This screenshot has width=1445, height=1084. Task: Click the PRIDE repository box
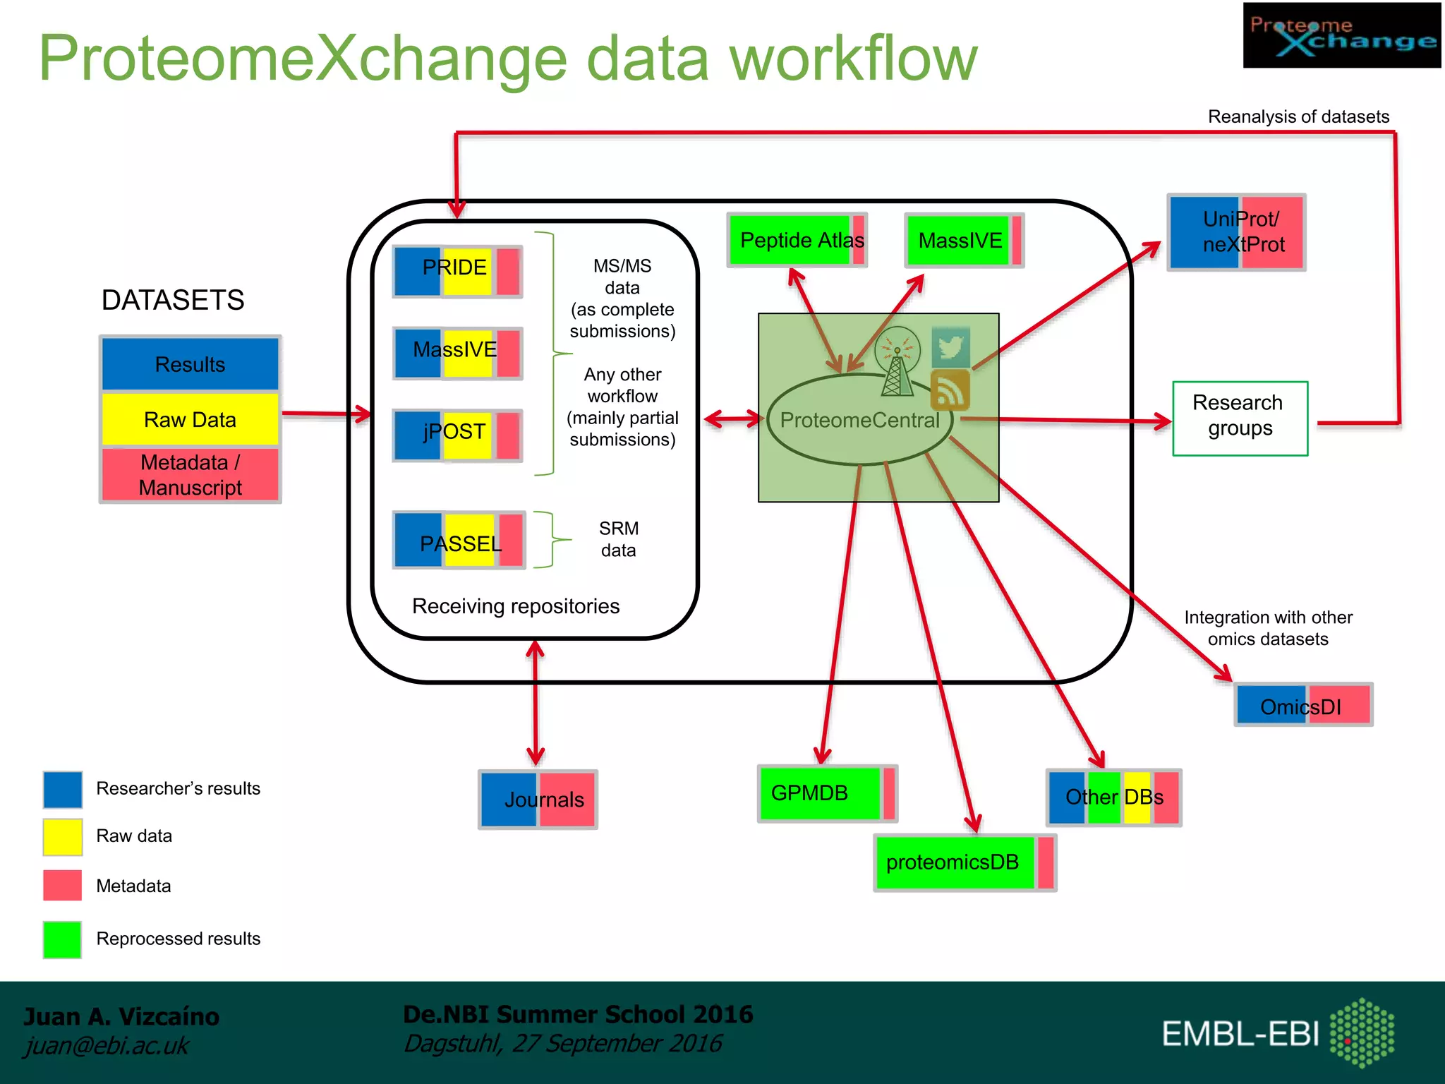457,271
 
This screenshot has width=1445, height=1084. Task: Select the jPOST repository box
457,435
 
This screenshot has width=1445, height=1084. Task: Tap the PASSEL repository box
459,540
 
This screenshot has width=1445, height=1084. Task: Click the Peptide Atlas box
797,240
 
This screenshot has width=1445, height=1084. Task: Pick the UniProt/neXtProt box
1236,231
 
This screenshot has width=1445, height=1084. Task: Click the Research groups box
1240,418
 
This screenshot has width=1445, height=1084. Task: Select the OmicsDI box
1303,704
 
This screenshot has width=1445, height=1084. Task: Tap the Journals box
538,799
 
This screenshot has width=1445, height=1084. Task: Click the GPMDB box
827,793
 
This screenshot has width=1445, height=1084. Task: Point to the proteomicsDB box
965,862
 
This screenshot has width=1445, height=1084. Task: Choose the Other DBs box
1113,797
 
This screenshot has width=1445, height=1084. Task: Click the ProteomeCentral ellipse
859,420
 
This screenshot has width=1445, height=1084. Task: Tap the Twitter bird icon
950,347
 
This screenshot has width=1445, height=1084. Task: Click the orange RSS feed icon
950,390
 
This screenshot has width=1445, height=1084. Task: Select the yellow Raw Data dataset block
190,419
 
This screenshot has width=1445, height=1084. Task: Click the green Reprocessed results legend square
62,939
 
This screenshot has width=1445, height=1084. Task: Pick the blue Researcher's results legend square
62,789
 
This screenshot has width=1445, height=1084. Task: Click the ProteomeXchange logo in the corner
1341,35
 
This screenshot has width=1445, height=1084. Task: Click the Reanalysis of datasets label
1298,116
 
